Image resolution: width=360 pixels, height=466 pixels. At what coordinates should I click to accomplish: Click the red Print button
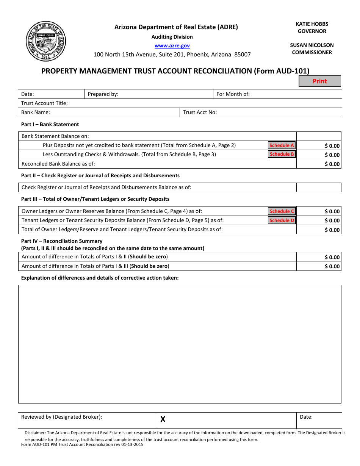coord(320,81)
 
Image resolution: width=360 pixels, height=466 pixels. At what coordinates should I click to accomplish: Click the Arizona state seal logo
coord(46,41)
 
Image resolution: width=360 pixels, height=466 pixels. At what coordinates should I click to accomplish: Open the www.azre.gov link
coord(172,45)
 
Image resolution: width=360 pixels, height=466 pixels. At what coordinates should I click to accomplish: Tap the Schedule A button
coord(282,145)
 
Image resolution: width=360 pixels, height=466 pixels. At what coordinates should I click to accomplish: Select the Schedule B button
coord(282,154)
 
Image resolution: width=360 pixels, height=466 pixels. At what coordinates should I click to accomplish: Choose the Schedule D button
coord(282,220)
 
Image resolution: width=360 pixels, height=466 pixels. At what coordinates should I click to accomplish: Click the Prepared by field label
coord(103,94)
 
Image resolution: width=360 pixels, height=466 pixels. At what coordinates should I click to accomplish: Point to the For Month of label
coord(233,94)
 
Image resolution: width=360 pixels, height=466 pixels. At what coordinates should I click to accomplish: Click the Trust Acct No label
coord(200,112)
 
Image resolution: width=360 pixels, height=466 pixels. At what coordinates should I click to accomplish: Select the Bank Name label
coord(36,112)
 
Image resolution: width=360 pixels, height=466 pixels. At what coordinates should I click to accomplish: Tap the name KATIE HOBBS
coord(312,24)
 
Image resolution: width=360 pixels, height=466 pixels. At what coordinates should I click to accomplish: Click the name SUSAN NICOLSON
coord(312,45)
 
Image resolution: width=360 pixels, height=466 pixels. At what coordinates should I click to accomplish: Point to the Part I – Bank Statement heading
coord(50,124)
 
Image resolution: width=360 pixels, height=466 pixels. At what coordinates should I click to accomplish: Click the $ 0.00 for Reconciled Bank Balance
coord(332,164)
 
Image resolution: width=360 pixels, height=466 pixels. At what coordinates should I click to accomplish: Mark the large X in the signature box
coord(163,419)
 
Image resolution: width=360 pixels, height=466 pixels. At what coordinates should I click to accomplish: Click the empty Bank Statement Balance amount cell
coord(319,136)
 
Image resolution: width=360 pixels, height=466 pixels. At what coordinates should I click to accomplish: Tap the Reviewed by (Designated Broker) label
coord(61,417)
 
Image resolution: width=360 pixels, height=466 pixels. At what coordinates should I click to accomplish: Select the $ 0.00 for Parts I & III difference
coord(332,266)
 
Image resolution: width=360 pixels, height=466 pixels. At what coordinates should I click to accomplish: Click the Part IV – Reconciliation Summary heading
coord(62,241)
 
